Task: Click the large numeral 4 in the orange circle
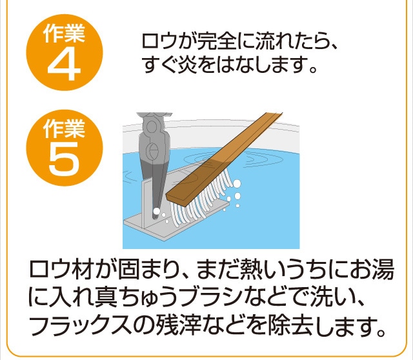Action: tap(64, 65)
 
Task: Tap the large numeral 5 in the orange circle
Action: tap(64, 159)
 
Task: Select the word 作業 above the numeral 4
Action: tap(64, 33)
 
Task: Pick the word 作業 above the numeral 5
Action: tap(64, 128)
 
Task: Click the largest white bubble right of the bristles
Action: tap(237, 183)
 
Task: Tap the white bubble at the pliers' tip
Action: tap(156, 211)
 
